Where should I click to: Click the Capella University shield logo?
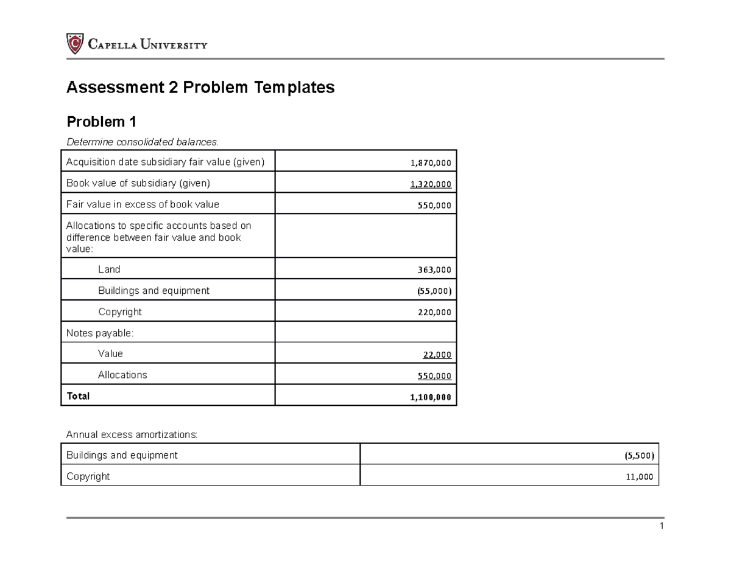coord(74,44)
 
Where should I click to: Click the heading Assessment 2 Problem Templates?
coord(200,88)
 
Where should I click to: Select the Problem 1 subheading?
coord(101,122)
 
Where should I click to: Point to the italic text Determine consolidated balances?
coord(141,142)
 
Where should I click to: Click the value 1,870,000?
coord(431,163)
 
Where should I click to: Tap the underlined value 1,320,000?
coord(431,184)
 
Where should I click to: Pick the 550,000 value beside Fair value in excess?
coord(434,206)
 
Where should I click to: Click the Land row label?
coord(109,269)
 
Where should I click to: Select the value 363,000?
coord(434,270)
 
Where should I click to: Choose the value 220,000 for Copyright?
coord(434,313)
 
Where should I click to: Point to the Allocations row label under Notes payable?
coord(122,375)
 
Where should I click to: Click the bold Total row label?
coord(78,396)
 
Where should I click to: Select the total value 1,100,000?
coord(431,397)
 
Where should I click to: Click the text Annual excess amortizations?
coord(132,435)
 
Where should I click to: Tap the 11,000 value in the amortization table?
coord(639,478)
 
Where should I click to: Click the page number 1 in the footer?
coord(661,527)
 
